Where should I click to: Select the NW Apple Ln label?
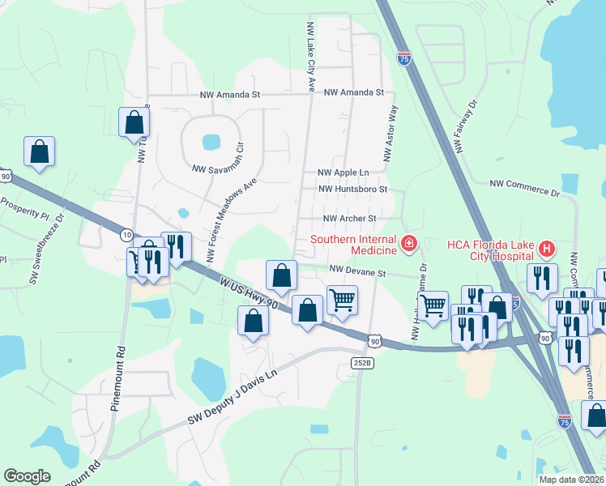pos(343,173)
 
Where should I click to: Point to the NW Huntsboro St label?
pos(354,189)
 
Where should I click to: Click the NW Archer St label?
pos(350,219)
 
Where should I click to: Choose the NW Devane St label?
pos(357,272)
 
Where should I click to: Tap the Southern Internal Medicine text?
pos(354,240)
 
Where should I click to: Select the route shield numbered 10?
pos(126,234)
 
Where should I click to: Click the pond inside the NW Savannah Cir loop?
pos(210,143)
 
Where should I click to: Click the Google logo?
pos(28,475)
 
